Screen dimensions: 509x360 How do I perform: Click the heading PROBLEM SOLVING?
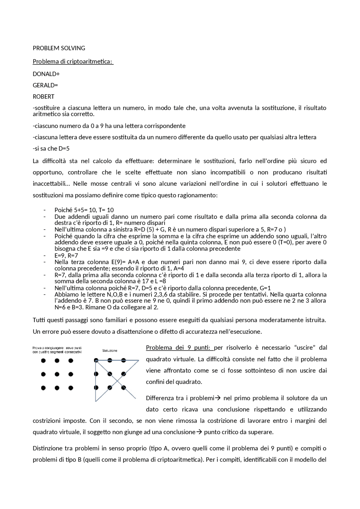[59, 48]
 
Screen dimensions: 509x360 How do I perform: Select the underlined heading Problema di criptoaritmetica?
[73, 61]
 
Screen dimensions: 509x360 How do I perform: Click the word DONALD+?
[46, 74]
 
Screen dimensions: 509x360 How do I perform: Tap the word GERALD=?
[45, 85]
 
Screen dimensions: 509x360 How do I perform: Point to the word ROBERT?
[44, 97]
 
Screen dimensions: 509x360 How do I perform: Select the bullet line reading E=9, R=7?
[66, 255]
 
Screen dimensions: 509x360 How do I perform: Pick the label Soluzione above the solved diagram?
[110, 350]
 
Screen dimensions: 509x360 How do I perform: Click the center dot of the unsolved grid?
[57, 374]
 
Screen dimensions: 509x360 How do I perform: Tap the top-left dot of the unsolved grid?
[43, 360]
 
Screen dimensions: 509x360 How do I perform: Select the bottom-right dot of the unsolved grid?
[71, 388]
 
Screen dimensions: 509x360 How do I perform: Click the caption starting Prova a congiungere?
[57, 350]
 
